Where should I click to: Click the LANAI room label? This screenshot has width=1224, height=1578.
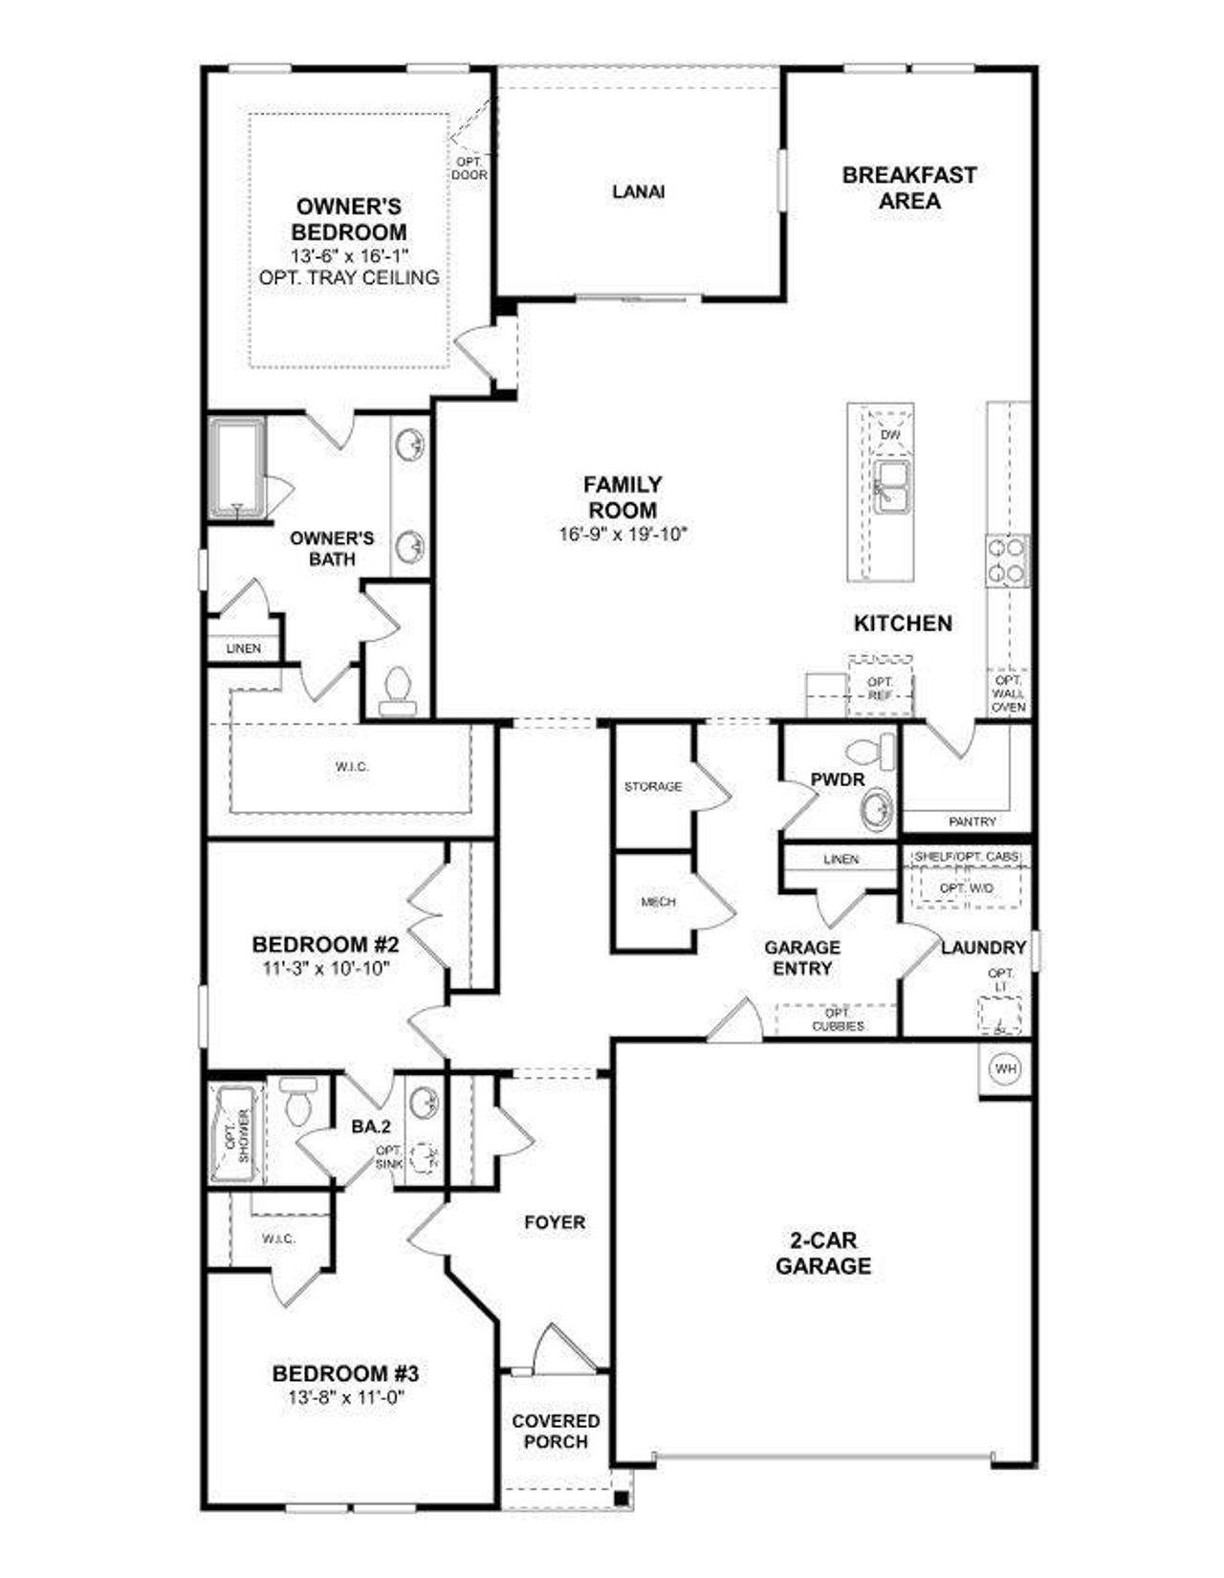point(638,191)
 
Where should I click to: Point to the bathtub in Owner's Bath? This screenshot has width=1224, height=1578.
point(235,469)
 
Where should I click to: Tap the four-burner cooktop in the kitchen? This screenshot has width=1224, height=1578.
point(1007,560)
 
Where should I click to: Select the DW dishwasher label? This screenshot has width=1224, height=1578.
point(890,435)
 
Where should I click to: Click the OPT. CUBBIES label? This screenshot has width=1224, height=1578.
point(838,1019)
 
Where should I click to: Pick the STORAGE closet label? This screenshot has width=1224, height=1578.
point(653,786)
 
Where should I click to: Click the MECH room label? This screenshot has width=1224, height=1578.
point(658,901)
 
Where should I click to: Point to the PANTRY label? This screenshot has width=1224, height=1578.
point(973,821)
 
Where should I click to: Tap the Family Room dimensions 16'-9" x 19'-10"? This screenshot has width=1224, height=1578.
point(623,535)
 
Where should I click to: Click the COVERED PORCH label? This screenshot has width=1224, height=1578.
point(556,1431)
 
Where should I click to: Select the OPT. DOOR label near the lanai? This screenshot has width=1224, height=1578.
point(469,168)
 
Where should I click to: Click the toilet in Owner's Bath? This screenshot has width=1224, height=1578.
point(397,691)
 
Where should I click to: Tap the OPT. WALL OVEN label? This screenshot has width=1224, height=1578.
point(1009,693)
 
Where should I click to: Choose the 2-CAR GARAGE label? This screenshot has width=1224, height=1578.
point(822,1253)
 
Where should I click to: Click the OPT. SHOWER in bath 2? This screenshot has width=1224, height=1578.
point(235,1135)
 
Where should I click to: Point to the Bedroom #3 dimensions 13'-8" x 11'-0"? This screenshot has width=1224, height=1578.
point(346,1397)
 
